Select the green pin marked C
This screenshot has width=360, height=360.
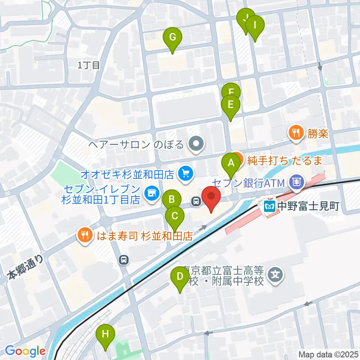(175, 216)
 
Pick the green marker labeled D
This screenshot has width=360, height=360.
(180, 277)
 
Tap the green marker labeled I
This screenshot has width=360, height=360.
(255, 26)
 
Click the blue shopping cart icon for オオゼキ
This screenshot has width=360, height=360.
(185, 173)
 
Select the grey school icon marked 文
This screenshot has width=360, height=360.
(276, 275)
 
